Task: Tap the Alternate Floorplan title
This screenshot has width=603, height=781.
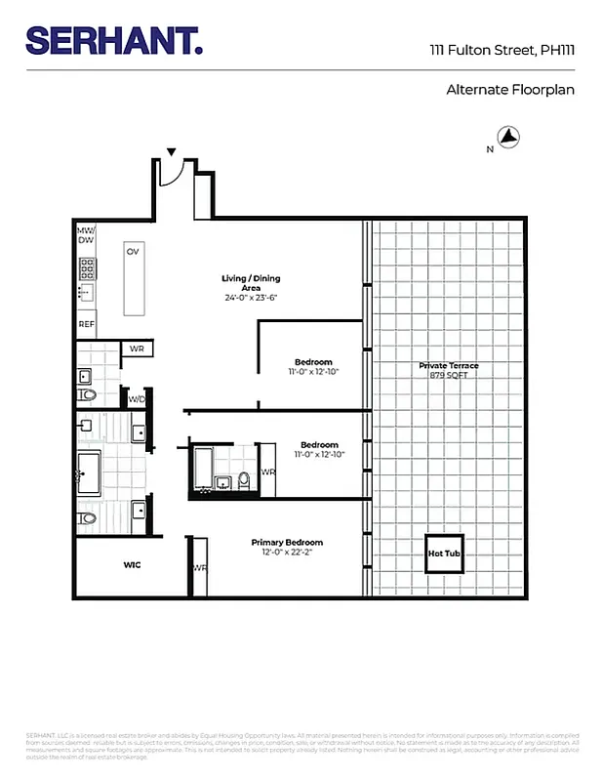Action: click(x=510, y=90)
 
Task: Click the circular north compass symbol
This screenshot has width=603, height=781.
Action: click(x=509, y=138)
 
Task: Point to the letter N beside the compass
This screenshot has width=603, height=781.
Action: click(x=490, y=149)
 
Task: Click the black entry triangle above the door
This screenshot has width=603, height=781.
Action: click(x=172, y=152)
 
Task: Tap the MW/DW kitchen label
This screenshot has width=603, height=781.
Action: click(x=86, y=234)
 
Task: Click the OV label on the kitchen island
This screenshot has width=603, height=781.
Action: click(x=132, y=251)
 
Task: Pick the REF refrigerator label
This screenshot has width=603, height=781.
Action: click(x=87, y=324)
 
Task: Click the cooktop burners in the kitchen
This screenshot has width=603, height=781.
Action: click(x=87, y=266)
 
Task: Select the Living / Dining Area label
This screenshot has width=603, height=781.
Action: click(x=251, y=283)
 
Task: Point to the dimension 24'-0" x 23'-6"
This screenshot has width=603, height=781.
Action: click(x=251, y=297)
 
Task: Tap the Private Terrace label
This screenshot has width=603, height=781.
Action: click(x=449, y=365)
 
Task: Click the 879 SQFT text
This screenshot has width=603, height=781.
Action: click(x=449, y=375)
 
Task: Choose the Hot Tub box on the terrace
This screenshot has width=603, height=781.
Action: click(x=443, y=554)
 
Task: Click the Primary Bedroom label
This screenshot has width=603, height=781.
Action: click(x=287, y=542)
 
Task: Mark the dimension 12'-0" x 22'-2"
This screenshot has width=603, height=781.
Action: click(x=287, y=552)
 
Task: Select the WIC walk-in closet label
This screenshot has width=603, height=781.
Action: click(x=132, y=565)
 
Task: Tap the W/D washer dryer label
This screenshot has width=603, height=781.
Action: click(x=137, y=397)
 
